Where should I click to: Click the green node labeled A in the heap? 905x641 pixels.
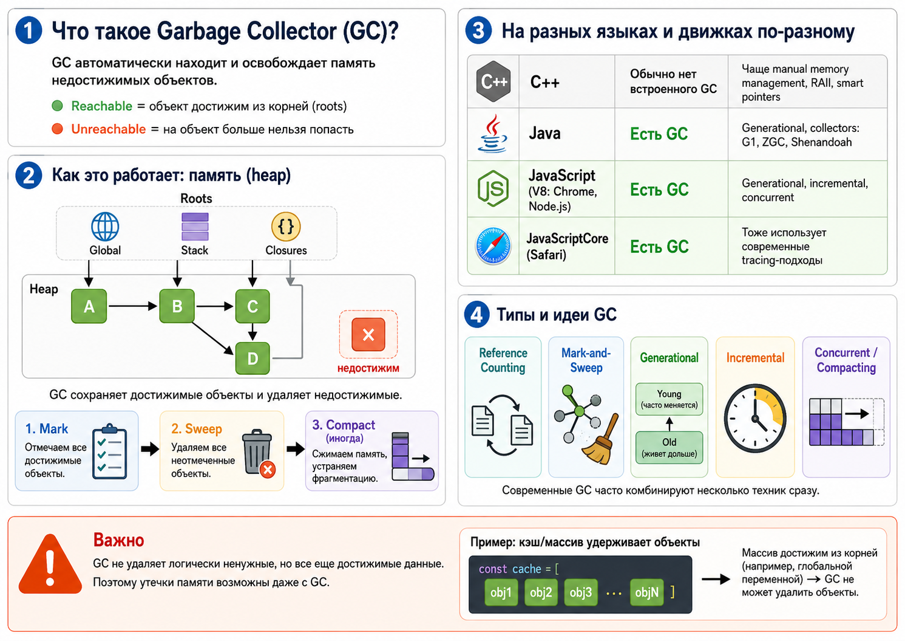click(89, 306)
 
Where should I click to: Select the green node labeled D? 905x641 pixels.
click(253, 358)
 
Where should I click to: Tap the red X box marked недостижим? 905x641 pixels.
click(368, 334)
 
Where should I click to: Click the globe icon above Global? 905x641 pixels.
click(105, 227)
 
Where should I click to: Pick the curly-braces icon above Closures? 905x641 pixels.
click(286, 227)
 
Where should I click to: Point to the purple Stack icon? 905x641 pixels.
click(195, 227)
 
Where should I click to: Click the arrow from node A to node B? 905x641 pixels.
click(133, 306)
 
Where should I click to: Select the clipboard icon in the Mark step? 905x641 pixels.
click(109, 451)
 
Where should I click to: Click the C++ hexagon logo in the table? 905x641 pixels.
click(493, 81)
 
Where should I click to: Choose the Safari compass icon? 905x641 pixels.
click(493, 246)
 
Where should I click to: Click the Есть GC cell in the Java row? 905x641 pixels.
click(659, 134)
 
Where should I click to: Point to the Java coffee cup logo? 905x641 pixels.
click(492, 134)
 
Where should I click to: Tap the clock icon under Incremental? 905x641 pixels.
click(754, 418)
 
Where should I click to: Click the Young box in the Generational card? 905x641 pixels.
click(669, 399)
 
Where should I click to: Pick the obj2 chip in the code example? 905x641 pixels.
click(541, 592)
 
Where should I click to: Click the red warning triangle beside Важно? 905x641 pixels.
click(50, 564)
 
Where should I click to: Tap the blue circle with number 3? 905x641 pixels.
click(478, 30)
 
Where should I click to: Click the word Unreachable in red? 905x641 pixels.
click(108, 129)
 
